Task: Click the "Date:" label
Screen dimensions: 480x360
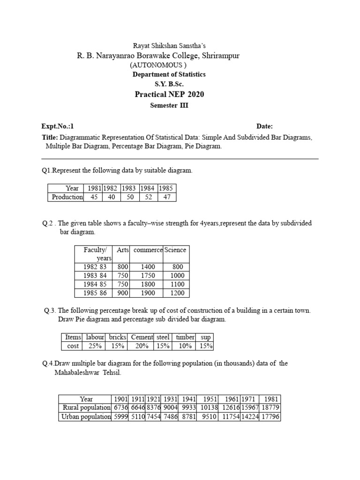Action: [x=264, y=126]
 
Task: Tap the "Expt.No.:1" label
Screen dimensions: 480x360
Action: [x=58, y=126]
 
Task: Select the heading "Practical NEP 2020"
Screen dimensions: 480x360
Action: [x=169, y=94]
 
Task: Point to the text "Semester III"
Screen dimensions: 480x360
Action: [x=169, y=105]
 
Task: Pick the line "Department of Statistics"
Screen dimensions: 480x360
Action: [x=169, y=75]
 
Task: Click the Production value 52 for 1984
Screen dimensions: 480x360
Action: [x=148, y=197]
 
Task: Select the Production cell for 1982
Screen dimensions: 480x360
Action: [x=111, y=197]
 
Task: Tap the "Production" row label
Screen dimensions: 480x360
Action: [x=67, y=197]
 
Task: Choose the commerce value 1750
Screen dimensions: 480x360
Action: [x=148, y=276]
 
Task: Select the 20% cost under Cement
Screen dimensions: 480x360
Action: [x=142, y=346]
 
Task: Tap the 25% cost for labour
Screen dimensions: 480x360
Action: [x=94, y=346]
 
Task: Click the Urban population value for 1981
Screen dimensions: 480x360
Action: [x=270, y=416]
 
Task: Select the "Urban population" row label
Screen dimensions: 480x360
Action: [x=86, y=416]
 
